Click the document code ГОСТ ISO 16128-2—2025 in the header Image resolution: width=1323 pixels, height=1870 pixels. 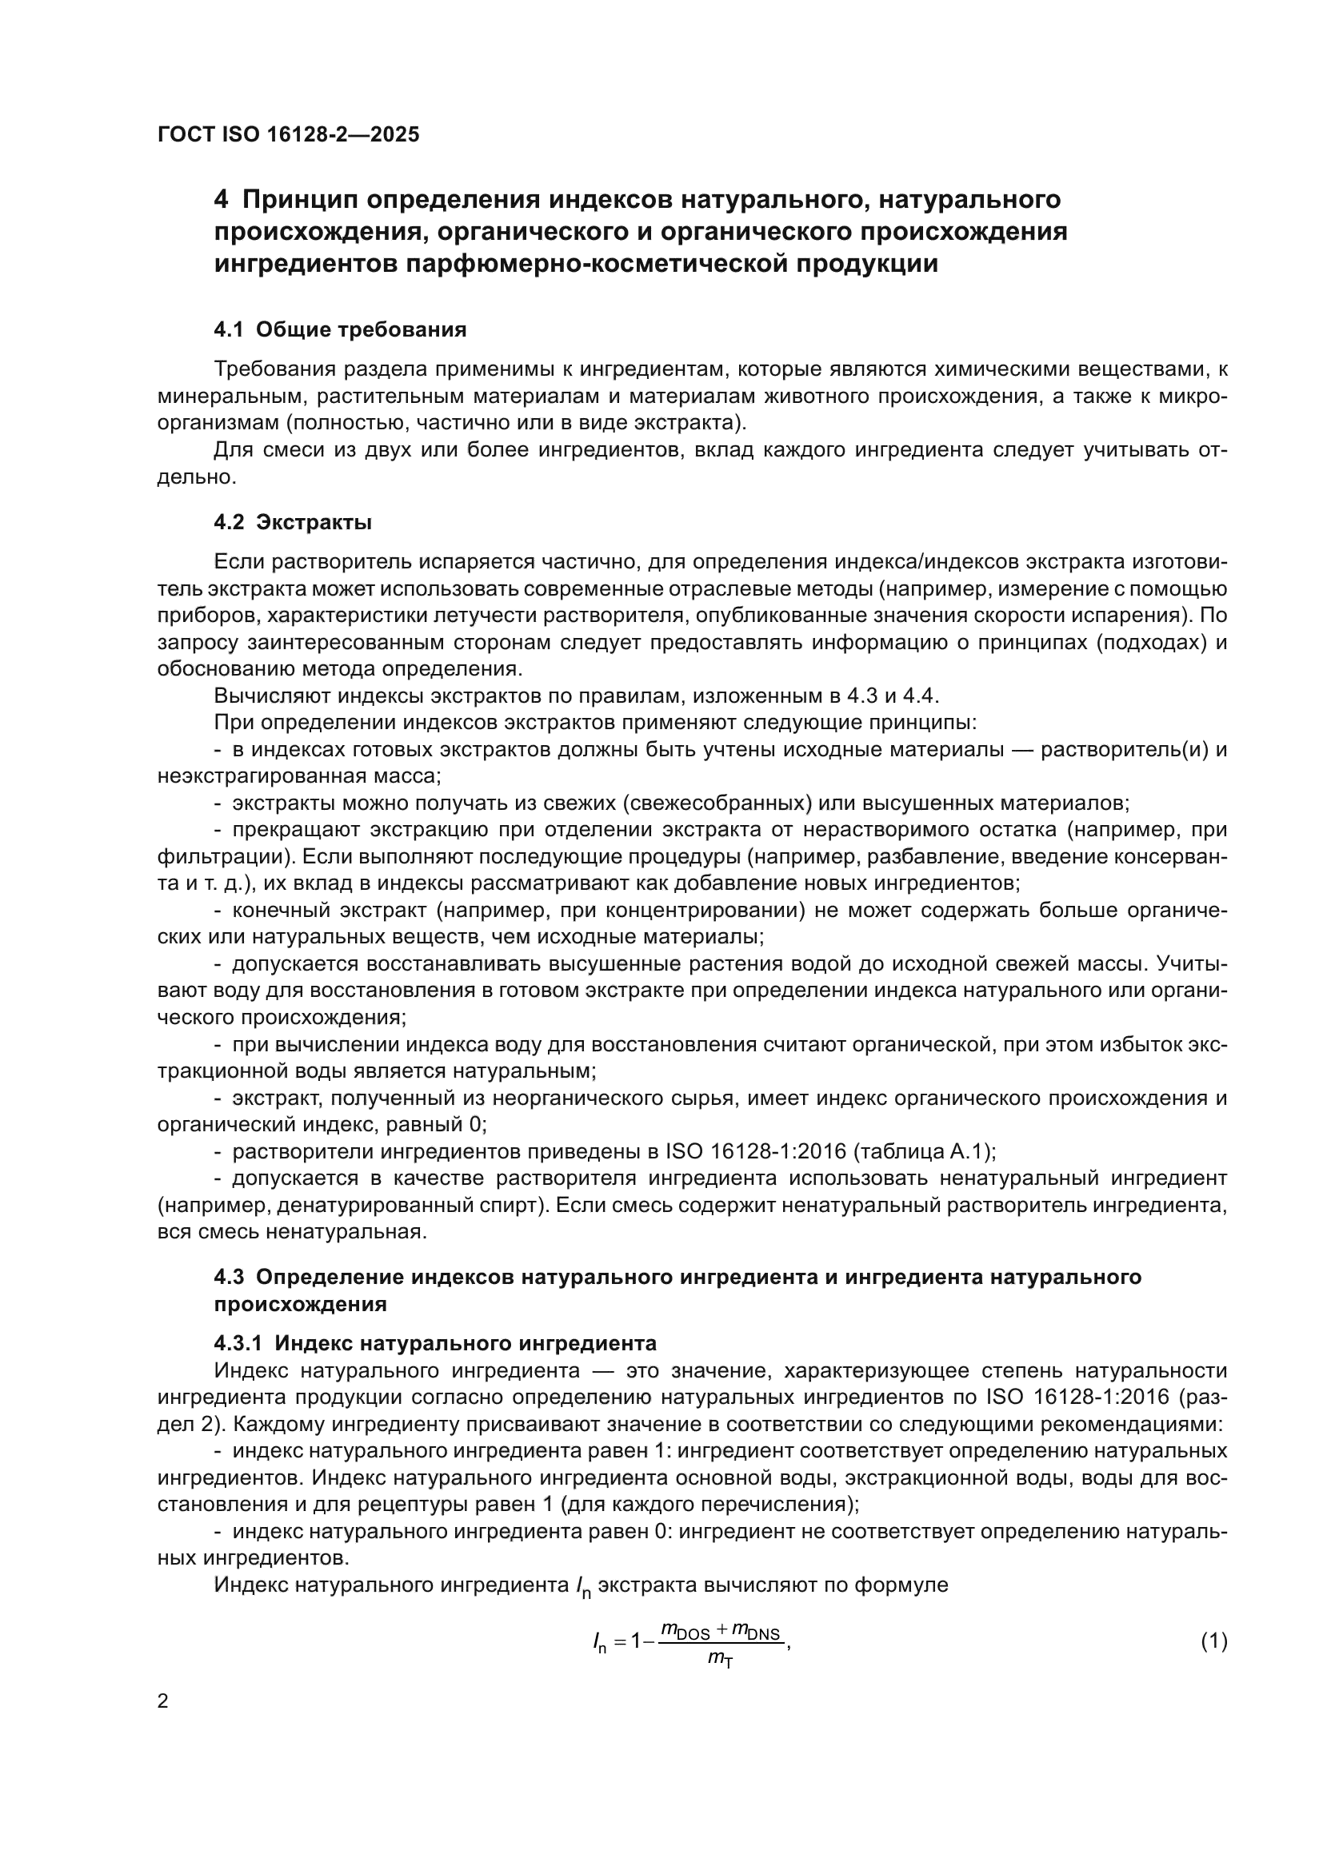click(289, 134)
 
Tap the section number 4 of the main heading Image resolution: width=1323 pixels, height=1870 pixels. click(222, 199)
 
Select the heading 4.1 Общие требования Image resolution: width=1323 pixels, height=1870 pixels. click(340, 330)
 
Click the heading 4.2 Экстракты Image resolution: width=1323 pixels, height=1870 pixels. click(293, 522)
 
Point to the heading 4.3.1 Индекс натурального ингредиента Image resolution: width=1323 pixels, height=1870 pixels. click(435, 1343)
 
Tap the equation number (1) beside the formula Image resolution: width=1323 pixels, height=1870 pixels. click(1213, 1641)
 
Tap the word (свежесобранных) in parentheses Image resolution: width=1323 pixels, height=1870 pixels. click(717, 803)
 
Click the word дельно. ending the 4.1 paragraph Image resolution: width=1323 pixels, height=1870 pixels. click(196, 477)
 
